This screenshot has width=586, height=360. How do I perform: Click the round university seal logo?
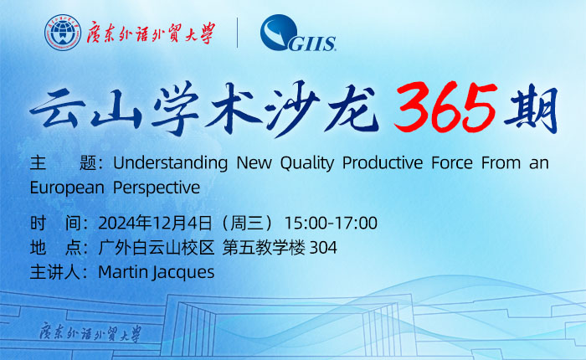63,33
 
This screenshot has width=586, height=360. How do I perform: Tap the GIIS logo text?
312,44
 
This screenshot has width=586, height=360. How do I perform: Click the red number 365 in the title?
445,108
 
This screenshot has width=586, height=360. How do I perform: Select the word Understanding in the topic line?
170,163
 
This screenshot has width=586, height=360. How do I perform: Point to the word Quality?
307,163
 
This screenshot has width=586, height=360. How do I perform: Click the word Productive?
383,162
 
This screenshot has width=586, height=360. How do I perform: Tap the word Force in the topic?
452,162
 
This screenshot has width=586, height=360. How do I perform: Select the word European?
67,188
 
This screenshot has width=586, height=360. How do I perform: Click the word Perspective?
157,188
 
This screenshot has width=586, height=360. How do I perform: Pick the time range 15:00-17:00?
331,223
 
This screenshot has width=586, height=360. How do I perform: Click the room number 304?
323,248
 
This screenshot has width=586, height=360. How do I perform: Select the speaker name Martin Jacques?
156,272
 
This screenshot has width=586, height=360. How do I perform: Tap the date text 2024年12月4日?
155,223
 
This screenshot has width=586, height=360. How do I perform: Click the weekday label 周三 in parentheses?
247,223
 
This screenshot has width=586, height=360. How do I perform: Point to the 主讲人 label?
55,272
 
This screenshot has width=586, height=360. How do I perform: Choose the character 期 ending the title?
531,108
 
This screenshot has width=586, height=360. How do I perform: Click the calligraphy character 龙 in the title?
350,108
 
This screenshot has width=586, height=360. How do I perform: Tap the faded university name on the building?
90,332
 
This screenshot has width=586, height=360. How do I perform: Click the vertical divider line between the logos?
237,33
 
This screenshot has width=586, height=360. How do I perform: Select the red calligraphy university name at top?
151,33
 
